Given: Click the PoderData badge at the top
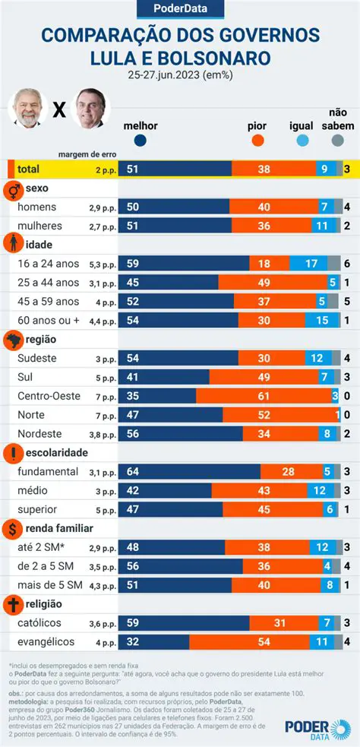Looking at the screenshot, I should click(x=180, y=9).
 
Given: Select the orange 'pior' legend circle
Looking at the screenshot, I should click(x=257, y=140).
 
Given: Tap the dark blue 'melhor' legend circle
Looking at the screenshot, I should click(x=140, y=140).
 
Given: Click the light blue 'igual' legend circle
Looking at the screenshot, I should click(x=302, y=140).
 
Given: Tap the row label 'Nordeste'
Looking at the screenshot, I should click(x=40, y=433).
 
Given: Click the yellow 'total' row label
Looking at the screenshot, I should click(x=28, y=169).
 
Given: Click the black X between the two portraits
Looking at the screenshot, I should click(x=58, y=111).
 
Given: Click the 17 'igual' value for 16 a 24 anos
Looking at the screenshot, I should click(x=311, y=263).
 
